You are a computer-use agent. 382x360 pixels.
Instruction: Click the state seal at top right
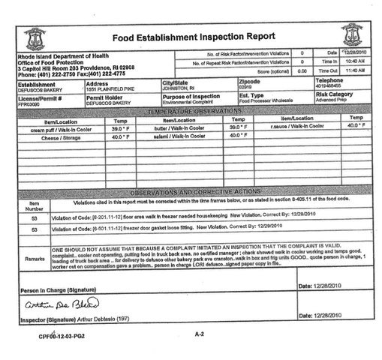click(x=350, y=34)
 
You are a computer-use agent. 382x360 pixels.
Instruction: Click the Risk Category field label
click(x=334, y=94)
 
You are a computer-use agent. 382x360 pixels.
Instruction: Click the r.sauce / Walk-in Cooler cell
click(x=294, y=127)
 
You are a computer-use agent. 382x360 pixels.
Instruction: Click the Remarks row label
click(x=35, y=257)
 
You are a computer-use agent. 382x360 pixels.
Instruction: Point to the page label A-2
click(x=198, y=332)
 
